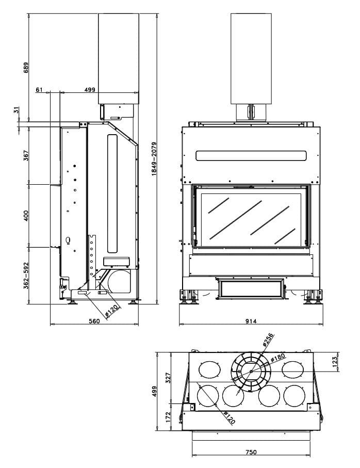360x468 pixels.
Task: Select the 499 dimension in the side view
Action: click(90, 89)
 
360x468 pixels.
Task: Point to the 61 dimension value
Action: click(39, 89)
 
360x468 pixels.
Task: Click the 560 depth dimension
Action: click(94, 321)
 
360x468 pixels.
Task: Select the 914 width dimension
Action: click(251, 321)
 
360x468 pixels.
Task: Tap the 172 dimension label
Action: click(167, 416)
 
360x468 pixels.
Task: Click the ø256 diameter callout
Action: click(268, 341)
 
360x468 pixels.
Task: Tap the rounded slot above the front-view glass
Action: click(251, 155)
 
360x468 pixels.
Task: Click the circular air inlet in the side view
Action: click(119, 280)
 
